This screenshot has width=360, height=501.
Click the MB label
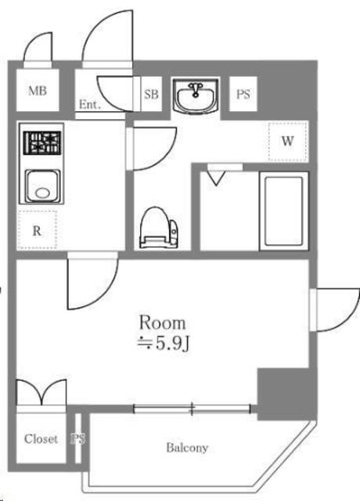38,91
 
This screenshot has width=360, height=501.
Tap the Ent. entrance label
90,104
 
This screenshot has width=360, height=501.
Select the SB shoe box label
151,94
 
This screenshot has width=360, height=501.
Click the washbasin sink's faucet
195,88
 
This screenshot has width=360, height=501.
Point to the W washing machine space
288,141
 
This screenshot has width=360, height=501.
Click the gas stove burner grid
41,143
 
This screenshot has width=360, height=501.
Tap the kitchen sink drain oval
42,193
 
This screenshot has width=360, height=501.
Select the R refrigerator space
37,229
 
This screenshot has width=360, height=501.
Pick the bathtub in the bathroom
284,211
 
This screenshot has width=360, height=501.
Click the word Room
162,323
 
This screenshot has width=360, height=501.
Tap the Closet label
41,439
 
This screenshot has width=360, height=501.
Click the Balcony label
187,448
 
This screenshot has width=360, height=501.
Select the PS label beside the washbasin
243,94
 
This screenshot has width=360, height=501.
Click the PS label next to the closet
78,438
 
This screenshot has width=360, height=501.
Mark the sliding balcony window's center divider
192,409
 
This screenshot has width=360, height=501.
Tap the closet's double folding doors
41,392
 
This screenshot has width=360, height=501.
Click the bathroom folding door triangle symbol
216,178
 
